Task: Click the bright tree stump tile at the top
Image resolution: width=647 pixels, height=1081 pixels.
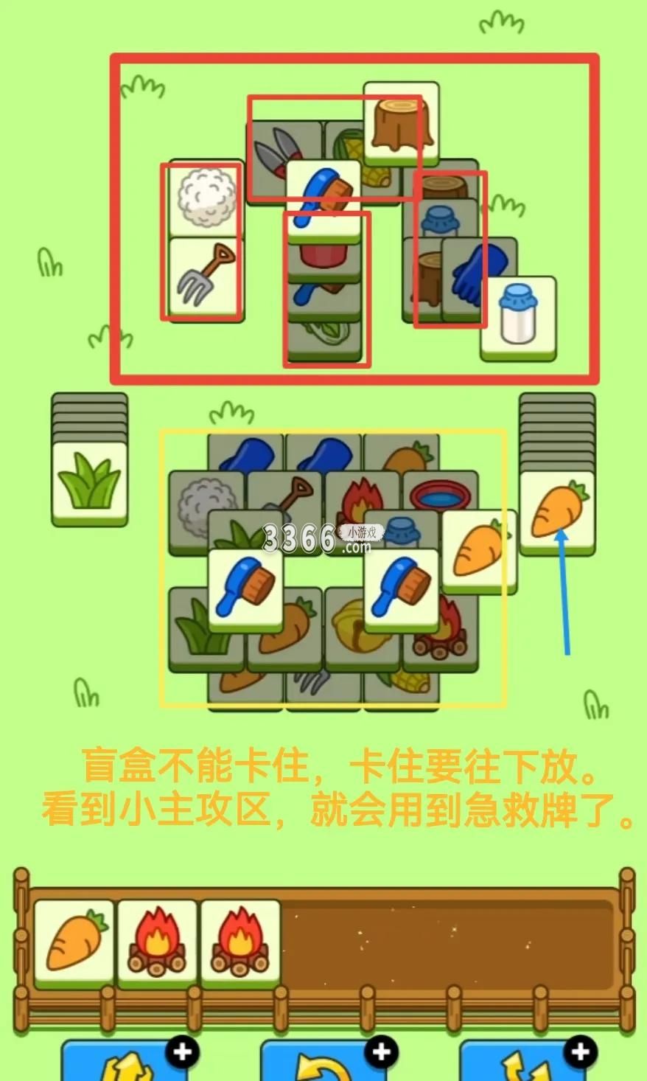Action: (x=401, y=123)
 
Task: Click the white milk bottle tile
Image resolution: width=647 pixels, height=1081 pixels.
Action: (x=518, y=318)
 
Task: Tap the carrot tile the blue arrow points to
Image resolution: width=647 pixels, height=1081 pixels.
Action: (x=557, y=513)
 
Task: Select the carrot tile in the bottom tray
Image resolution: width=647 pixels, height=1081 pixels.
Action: (x=74, y=942)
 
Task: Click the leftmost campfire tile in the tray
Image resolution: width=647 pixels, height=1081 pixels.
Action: (x=157, y=942)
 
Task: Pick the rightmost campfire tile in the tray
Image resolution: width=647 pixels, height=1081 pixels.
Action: (x=240, y=942)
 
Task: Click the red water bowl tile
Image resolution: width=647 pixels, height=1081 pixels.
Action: (x=440, y=495)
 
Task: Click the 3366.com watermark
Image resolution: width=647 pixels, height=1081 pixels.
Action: (x=322, y=538)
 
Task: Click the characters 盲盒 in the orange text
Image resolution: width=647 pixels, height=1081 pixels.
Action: (x=119, y=765)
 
